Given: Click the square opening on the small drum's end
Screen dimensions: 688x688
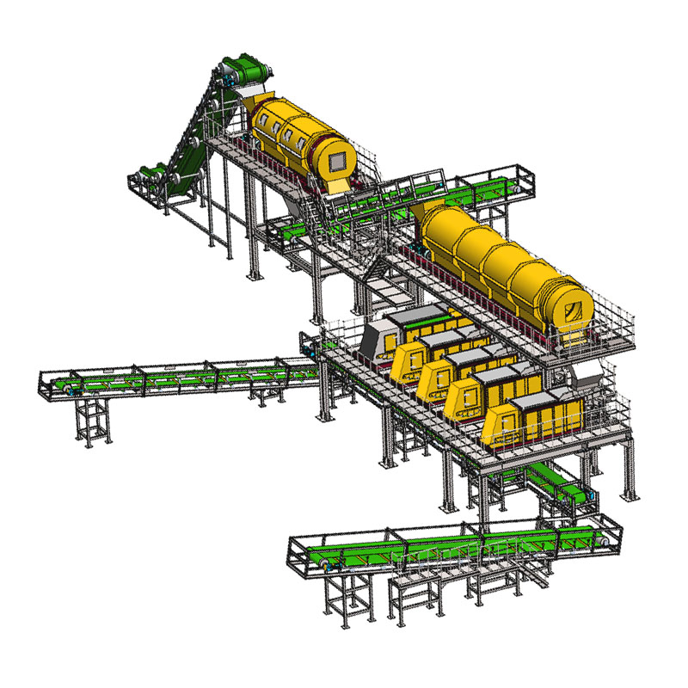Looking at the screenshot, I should (341, 159).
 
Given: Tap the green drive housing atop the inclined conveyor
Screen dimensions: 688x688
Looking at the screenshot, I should (243, 69).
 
